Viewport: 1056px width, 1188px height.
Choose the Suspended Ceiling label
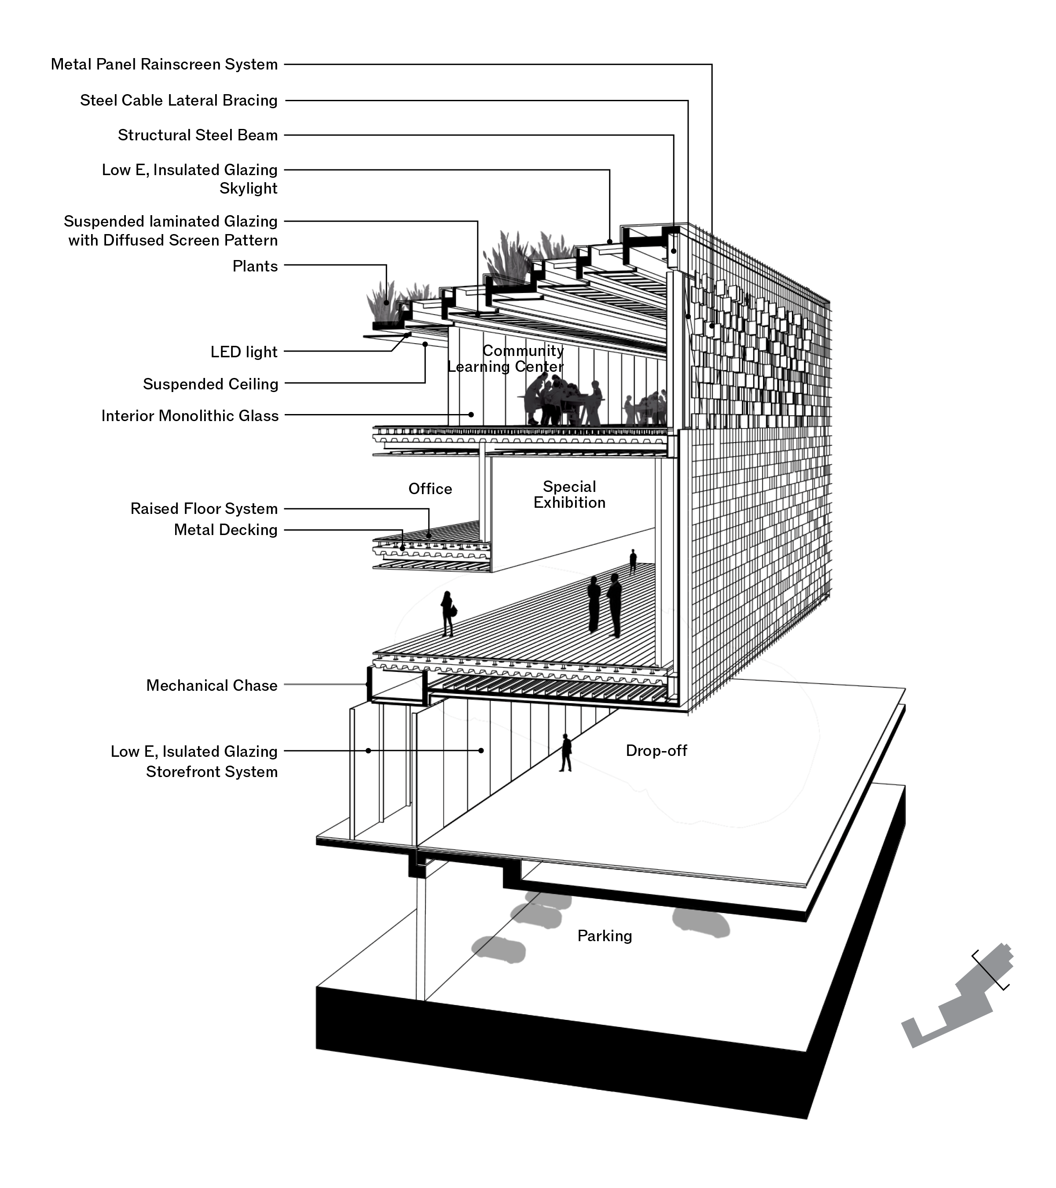pos(210,384)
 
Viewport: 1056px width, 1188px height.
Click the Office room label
pos(429,489)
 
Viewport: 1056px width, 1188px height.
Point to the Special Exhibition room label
pos(569,495)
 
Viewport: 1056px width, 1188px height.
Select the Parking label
pos(605,936)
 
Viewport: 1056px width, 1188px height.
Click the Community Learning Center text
pos(511,359)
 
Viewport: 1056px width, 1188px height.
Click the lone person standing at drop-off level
pos(565,753)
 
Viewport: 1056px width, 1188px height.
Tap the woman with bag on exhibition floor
pos(447,614)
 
